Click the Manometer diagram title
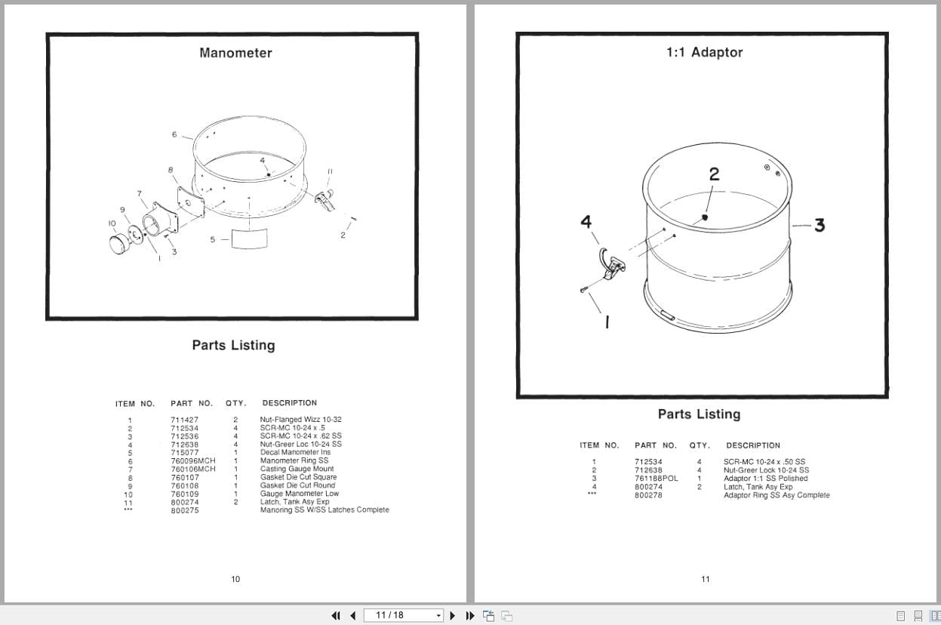pos(235,53)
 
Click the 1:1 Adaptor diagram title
pos(704,52)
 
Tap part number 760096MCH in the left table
pos(192,461)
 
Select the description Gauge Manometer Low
pos(299,494)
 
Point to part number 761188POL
pos(656,479)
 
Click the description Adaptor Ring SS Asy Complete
pos(776,495)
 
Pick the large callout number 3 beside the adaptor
pos(819,225)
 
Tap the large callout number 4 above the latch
pos(586,222)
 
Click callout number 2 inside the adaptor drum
pos(714,174)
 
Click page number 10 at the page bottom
pos(235,579)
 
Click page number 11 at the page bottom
pos(705,579)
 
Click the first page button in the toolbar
pos(337,615)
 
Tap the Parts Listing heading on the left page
pos(233,345)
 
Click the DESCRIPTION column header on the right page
pos(752,445)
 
